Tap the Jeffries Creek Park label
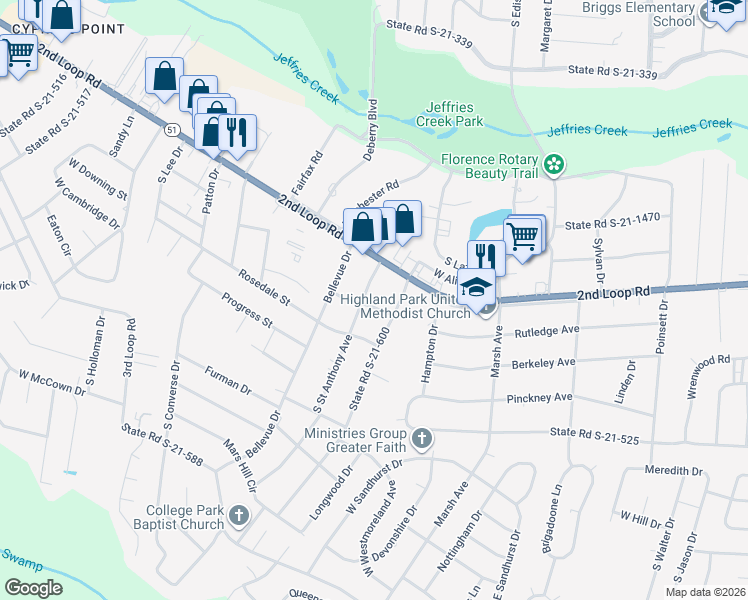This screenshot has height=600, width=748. pyautogui.click(x=454, y=114)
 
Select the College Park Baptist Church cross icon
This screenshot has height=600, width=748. pyautogui.click(x=238, y=515)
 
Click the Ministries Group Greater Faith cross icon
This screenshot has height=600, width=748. pyautogui.click(x=422, y=437)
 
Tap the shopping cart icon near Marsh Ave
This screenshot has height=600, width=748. pyautogui.click(x=523, y=236)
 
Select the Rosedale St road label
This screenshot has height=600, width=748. pyautogui.click(x=264, y=286)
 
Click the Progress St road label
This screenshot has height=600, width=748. pyautogui.click(x=247, y=310)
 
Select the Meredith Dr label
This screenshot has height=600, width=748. pyautogui.click(x=683, y=470)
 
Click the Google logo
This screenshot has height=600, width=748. pyautogui.click(x=33, y=587)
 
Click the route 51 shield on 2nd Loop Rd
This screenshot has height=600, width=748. pyautogui.click(x=173, y=130)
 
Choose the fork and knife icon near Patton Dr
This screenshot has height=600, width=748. pyautogui.click(x=237, y=131)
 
